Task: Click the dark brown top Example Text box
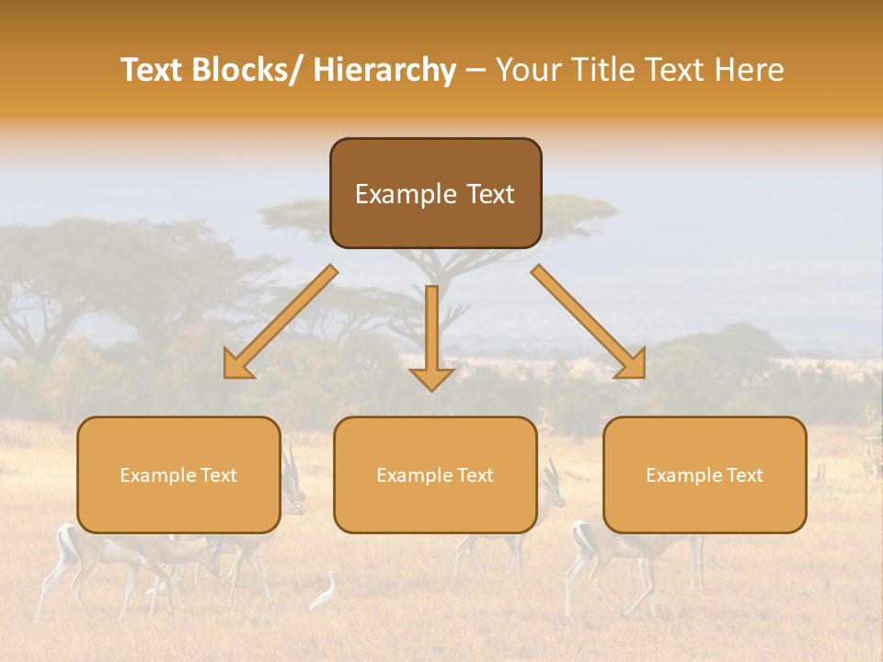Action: click(435, 193)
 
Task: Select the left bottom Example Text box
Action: click(178, 474)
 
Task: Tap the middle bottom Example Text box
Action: click(435, 474)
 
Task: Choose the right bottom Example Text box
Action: click(705, 474)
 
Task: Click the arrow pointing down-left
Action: click(281, 322)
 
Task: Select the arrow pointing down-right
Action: click(589, 322)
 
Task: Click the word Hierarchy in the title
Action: click(384, 70)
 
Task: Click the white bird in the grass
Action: click(325, 592)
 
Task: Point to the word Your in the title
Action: click(526, 70)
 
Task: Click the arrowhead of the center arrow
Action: click(431, 378)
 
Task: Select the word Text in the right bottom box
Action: click(743, 474)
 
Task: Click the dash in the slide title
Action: click(476, 70)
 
